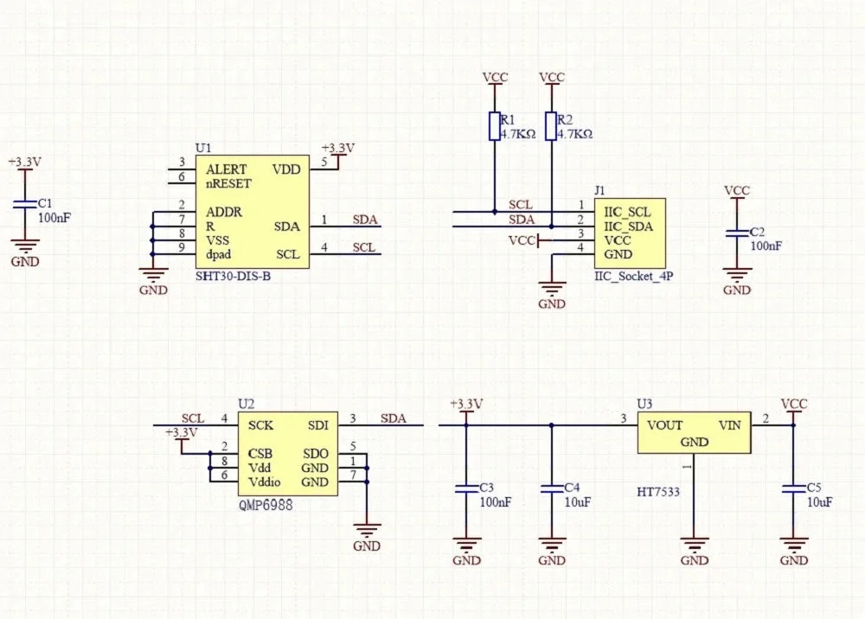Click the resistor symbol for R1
tap(495, 126)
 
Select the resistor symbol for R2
tap(551, 126)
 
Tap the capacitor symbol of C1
tap(25, 205)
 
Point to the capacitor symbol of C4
tap(552, 489)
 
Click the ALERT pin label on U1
tap(226, 169)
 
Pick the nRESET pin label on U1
tap(228, 183)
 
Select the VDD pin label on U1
tap(286, 169)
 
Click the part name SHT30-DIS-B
tap(233, 276)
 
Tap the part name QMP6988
tap(266, 505)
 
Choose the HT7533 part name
tap(658, 492)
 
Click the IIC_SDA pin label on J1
tap(628, 227)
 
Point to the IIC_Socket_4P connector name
tap(634, 276)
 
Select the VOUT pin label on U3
tap(664, 425)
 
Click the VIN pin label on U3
tap(730, 425)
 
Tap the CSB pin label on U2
tap(259, 454)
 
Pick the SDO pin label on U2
tap(316, 454)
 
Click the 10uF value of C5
tap(820, 502)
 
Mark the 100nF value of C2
tap(766, 246)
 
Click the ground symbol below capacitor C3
tap(467, 545)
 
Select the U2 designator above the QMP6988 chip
tap(246, 404)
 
